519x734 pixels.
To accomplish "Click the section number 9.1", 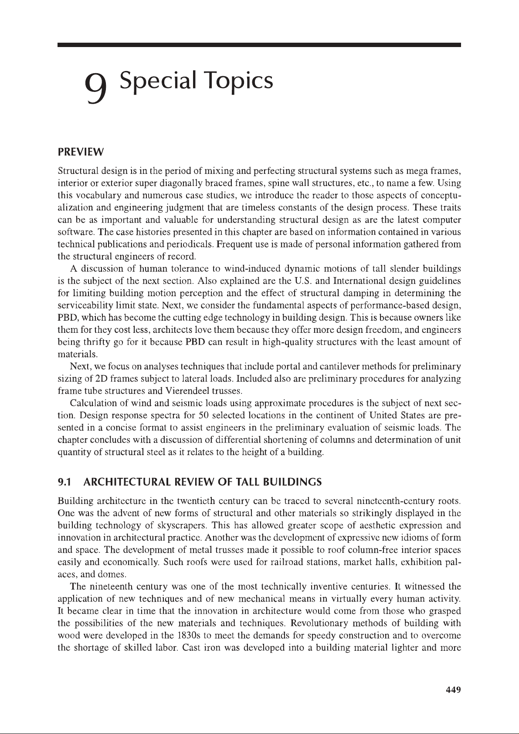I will tap(64, 482).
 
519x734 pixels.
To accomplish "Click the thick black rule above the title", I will tap(259, 45).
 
